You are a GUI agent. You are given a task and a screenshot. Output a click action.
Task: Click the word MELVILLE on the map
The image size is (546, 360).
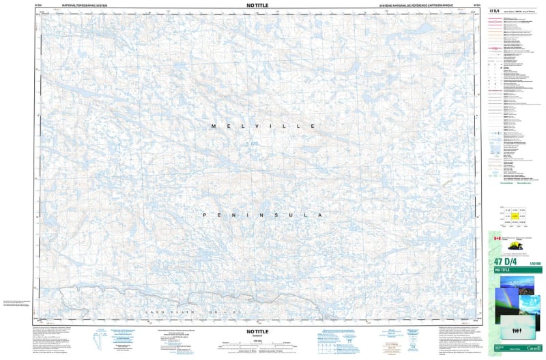[x=263, y=127]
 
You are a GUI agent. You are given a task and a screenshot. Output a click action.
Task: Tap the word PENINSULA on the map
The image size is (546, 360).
[x=262, y=215]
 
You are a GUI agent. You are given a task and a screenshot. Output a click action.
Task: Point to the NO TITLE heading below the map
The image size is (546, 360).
[x=257, y=331]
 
